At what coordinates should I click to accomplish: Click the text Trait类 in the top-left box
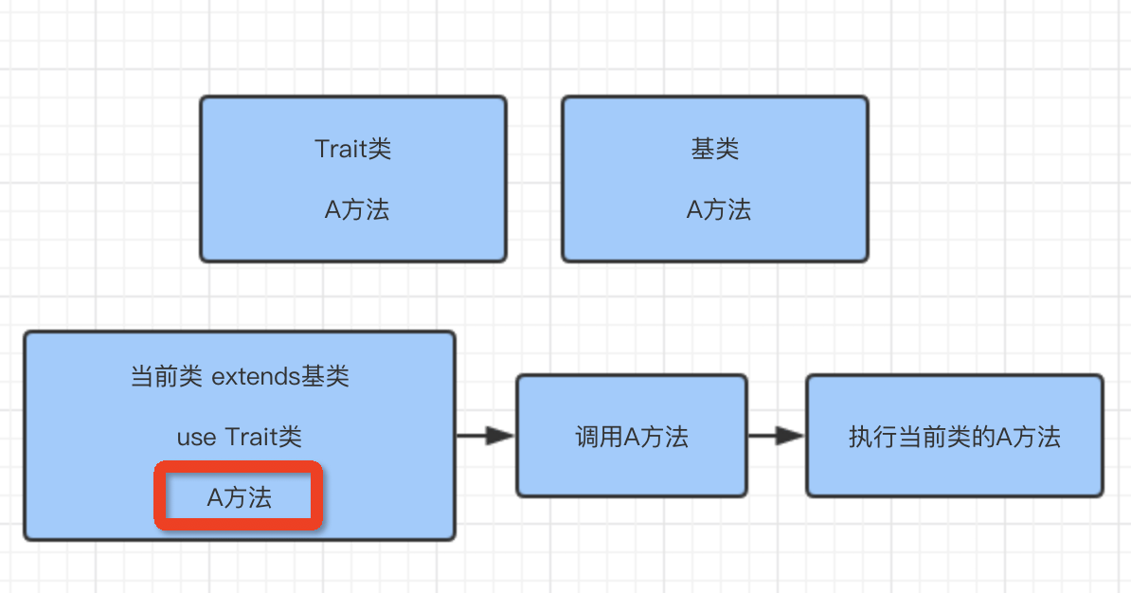point(352,149)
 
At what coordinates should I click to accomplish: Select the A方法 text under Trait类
point(356,209)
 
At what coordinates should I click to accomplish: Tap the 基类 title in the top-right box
point(714,149)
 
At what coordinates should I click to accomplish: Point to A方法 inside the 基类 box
point(718,209)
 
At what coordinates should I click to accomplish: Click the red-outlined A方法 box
point(239,496)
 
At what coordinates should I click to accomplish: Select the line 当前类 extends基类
point(239,376)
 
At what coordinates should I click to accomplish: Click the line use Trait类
point(239,437)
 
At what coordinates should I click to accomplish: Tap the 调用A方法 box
point(631,436)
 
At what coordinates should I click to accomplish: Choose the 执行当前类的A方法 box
point(954,436)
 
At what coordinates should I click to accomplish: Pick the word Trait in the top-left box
point(339,149)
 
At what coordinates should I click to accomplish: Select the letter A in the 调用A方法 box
point(631,437)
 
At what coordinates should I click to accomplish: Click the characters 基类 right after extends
point(326,376)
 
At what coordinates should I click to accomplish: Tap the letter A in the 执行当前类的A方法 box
point(1005,437)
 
